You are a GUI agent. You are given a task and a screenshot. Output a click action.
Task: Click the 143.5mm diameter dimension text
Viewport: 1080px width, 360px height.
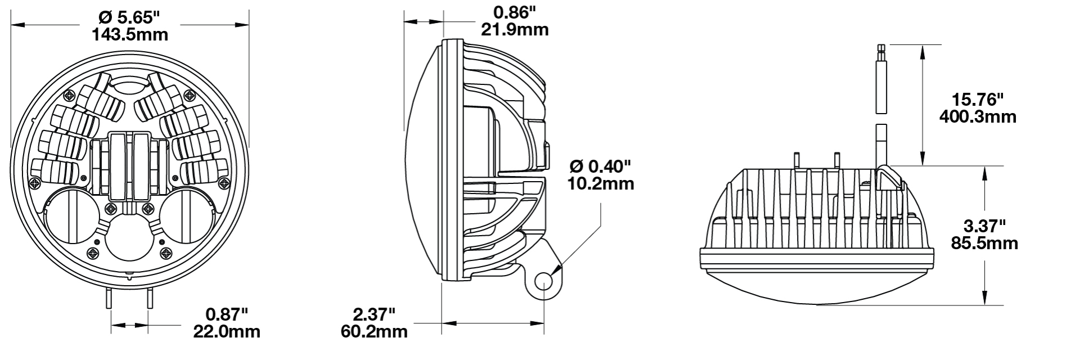pyautogui.click(x=129, y=34)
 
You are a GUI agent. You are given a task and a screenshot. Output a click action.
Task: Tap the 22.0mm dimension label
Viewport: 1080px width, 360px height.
pyautogui.click(x=227, y=331)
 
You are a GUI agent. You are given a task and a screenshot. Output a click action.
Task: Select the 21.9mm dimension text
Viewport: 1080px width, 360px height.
pyautogui.click(x=515, y=29)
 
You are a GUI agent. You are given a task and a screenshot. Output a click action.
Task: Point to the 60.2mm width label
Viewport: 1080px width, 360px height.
pyautogui.click(x=374, y=331)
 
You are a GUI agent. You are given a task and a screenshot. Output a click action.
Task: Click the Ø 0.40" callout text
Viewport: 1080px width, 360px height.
pyautogui.click(x=601, y=166)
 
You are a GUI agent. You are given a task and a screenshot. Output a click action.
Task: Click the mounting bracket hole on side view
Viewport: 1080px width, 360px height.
pyautogui.click(x=544, y=281)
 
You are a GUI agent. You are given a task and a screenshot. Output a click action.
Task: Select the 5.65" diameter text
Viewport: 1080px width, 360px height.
pyautogui.click(x=129, y=18)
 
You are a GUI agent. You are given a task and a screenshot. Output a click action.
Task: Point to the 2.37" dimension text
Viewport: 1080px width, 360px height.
pyautogui.click(x=374, y=314)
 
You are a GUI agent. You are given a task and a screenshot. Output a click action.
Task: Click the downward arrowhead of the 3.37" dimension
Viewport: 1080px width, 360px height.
pyautogui.click(x=984, y=298)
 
